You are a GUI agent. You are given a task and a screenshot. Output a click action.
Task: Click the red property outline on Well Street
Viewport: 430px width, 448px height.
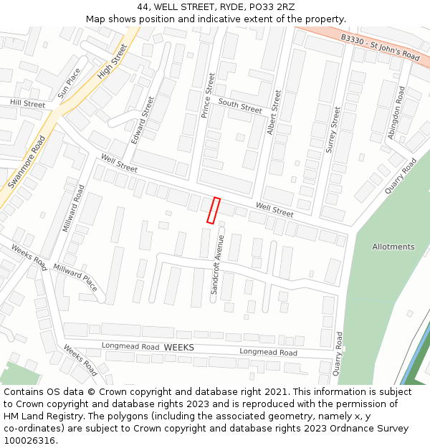[213, 210]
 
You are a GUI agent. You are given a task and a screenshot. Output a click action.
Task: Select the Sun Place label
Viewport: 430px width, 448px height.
[70, 83]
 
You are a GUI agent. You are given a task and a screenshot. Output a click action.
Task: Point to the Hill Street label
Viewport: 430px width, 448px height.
[27, 104]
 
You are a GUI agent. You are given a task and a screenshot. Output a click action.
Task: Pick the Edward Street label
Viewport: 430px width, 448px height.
[143, 120]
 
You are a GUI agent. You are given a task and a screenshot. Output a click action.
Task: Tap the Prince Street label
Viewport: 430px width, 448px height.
[207, 95]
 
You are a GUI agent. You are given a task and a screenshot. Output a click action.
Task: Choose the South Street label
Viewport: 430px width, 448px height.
[240, 107]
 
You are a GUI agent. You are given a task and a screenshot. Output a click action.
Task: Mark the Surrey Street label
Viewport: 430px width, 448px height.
[333, 129]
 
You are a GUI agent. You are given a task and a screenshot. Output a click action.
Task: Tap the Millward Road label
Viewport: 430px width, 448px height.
[74, 208]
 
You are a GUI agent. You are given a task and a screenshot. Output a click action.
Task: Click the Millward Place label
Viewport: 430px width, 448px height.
[75, 277]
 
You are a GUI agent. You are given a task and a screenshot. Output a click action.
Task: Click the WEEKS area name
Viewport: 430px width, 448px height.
[178, 347]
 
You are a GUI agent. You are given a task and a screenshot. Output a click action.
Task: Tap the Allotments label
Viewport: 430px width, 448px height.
[393, 247]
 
